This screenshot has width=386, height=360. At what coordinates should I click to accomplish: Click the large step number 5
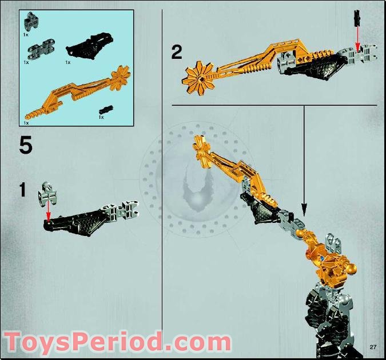click(x=25, y=145)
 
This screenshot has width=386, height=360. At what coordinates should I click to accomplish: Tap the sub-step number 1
click(x=22, y=190)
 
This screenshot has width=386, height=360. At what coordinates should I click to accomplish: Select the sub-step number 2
click(x=177, y=53)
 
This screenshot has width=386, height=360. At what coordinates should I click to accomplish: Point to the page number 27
click(x=373, y=347)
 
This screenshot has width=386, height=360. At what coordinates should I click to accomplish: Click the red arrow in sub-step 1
click(x=48, y=212)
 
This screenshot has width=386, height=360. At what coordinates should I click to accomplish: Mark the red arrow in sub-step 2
click(x=357, y=39)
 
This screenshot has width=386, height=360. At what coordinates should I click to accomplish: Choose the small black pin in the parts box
click(x=106, y=109)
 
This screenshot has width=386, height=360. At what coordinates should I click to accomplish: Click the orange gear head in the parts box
click(x=121, y=75)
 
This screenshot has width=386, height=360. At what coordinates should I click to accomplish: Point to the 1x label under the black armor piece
click(x=68, y=62)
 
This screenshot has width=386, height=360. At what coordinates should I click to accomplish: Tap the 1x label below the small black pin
click(x=101, y=117)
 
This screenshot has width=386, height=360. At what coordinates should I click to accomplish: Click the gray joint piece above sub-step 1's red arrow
click(x=47, y=194)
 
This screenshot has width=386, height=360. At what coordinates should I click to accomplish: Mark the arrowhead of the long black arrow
click(x=304, y=210)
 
